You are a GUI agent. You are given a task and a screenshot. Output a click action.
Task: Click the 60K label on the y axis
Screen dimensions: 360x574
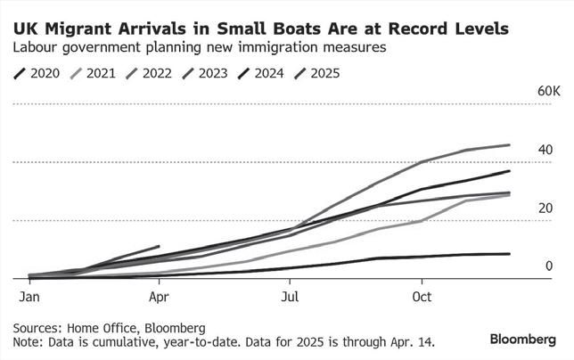tap(547, 92)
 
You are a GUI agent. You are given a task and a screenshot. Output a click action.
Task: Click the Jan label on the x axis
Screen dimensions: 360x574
tap(29, 295)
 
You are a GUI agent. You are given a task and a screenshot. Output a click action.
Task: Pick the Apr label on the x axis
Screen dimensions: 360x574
tap(159, 295)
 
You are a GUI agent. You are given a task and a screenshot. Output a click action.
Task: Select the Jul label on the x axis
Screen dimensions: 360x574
tap(290, 295)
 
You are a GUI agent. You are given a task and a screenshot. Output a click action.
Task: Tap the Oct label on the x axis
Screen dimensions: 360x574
tap(421, 295)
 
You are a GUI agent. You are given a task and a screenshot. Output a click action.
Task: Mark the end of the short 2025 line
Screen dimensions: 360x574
tap(159, 246)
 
